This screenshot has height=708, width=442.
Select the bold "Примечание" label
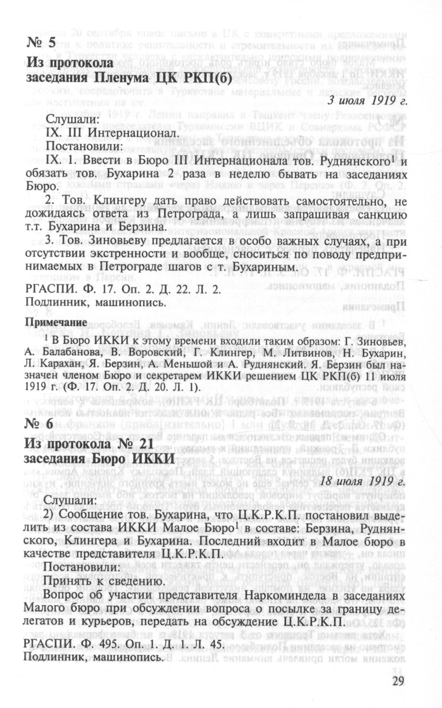coord(56,321)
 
